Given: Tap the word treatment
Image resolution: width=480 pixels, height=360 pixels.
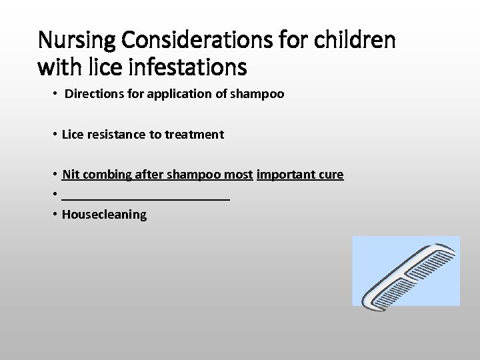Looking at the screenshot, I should click(x=194, y=134).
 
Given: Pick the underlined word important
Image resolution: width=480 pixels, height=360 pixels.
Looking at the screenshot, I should click(x=285, y=175).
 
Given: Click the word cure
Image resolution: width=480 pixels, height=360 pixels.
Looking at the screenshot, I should click(x=331, y=175).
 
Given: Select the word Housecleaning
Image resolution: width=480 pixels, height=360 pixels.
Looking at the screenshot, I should click(x=104, y=215).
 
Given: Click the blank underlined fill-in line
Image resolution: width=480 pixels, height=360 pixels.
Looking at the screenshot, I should click(x=145, y=199).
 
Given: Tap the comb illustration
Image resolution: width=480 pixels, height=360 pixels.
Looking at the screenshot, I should click(x=406, y=271).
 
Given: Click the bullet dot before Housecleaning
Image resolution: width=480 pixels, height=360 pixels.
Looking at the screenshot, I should click(x=54, y=214).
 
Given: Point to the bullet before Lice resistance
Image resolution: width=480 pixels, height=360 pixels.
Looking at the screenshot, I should click(x=54, y=134).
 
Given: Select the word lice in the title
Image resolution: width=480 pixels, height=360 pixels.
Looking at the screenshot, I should click(x=89, y=67).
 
